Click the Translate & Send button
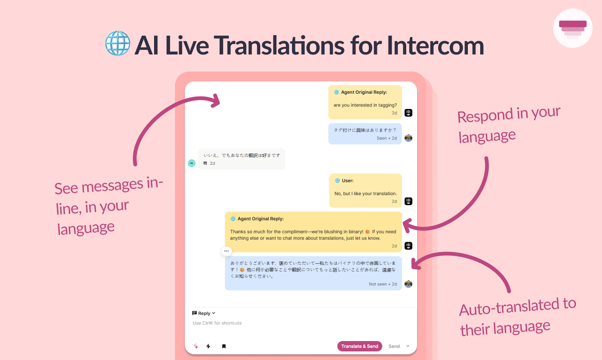[360, 346]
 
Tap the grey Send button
[394, 346]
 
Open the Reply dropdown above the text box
[204, 313]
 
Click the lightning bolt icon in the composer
[208, 346]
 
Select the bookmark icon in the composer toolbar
[224, 346]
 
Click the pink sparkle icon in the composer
[196, 346]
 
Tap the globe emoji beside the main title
[118, 43]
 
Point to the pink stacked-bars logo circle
[573, 28]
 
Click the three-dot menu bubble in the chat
[227, 251]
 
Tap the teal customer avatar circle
[192, 163]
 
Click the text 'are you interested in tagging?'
[365, 105]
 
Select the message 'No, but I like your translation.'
[365, 193]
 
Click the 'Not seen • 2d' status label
[383, 284]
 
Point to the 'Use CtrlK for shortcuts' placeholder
[217, 323]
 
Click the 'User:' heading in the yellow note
[347, 180]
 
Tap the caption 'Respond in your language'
[509, 125]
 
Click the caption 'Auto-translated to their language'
[518, 317]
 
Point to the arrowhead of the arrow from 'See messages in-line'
[216, 100]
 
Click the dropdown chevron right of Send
[408, 346]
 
